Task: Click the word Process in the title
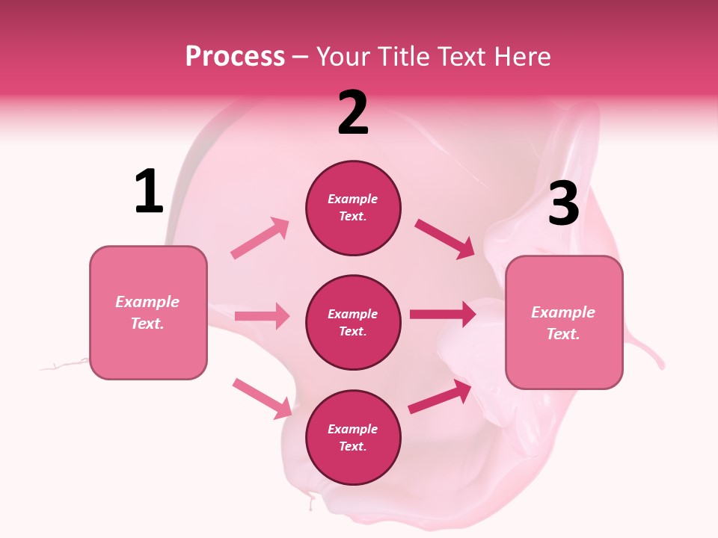[235, 56]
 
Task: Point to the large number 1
[149, 191]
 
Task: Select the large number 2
[353, 113]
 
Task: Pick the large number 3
[563, 204]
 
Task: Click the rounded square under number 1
[148, 312]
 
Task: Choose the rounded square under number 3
[564, 322]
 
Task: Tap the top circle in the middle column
[353, 208]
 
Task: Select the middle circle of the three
[353, 322]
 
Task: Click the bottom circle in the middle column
[353, 437]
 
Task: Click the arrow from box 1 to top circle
[260, 238]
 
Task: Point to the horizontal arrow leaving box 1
[262, 316]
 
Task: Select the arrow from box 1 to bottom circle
[263, 398]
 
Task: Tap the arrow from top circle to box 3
[444, 238]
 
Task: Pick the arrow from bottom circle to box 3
[440, 397]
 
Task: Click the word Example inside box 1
[147, 302]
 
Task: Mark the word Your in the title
[342, 56]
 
